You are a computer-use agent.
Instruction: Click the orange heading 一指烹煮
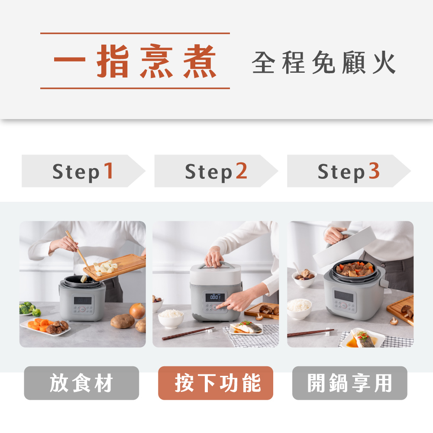click(x=135, y=61)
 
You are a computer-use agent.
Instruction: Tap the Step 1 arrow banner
click(x=82, y=171)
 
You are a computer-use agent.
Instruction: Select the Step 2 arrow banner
click(x=215, y=171)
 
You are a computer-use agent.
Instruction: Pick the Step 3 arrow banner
click(x=348, y=171)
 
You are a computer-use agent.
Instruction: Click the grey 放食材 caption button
click(x=81, y=383)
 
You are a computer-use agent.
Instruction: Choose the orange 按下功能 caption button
click(x=216, y=383)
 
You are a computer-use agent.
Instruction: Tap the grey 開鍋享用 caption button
click(x=349, y=383)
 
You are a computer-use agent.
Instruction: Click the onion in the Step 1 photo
click(x=137, y=310)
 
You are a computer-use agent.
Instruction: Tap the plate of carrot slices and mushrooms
click(x=45, y=326)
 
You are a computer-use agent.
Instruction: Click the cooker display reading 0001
click(x=215, y=297)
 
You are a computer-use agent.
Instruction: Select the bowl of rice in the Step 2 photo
click(x=171, y=318)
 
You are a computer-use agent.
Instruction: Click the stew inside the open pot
click(x=355, y=269)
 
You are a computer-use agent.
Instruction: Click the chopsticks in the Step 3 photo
click(x=310, y=333)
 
